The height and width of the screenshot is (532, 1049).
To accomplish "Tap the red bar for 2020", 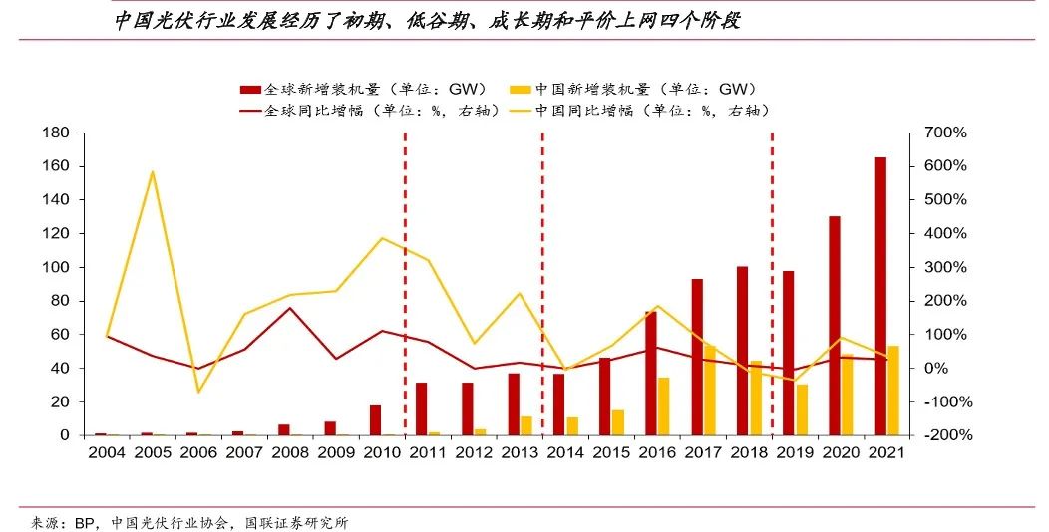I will point(835,326).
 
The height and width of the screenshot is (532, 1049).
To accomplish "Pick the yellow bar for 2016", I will point(664,406).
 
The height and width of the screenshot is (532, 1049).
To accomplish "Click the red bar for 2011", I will point(421,408).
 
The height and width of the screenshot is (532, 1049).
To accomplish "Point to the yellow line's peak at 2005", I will point(152,172).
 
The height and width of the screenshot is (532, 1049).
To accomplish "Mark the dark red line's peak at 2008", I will point(289,308).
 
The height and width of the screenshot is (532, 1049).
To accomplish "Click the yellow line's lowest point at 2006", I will point(197,392).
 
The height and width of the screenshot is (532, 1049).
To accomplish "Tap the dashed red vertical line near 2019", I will point(773,289).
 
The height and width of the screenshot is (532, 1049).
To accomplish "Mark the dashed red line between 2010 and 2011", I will point(405,289).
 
